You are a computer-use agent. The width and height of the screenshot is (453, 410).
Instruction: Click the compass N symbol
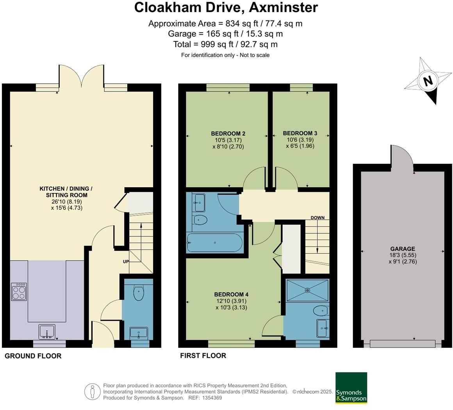pyautogui.click(x=428, y=81)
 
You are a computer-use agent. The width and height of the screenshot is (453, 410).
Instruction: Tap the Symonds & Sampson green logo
pyautogui.click(x=351, y=388)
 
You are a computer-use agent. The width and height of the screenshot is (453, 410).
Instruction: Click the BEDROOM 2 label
pyautogui.click(x=228, y=134)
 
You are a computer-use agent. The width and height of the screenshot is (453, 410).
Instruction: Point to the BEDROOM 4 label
pyautogui.click(x=231, y=294)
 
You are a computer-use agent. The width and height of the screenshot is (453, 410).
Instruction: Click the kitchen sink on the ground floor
pyautogui.click(x=47, y=331)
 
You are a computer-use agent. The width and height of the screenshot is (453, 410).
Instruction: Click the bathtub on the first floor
pyautogui.click(x=215, y=243)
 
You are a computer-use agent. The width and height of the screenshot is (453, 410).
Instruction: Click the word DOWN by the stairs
pyautogui.click(x=317, y=218)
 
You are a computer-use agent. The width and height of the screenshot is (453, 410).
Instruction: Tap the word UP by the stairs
pyautogui.click(x=126, y=261)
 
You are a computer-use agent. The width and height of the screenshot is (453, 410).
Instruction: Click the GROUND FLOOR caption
pyautogui.click(x=33, y=356)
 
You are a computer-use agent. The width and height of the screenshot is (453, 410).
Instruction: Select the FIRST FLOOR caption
pyautogui.click(x=203, y=356)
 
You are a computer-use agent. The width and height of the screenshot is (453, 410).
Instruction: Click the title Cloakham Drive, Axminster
pyautogui.click(x=226, y=7)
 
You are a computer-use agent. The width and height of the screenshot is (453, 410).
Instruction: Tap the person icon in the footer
pyautogui.click(x=92, y=391)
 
